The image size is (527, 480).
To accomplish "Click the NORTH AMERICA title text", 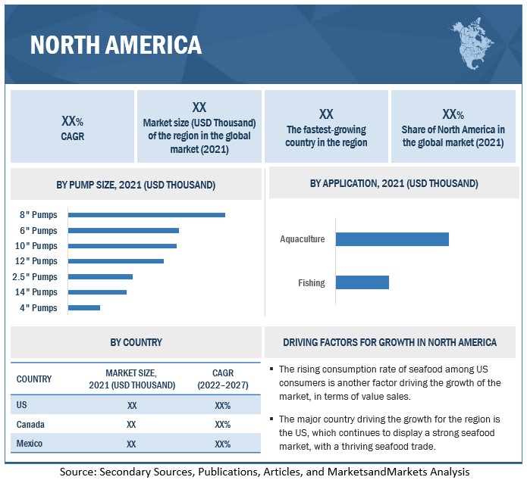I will point(116,45).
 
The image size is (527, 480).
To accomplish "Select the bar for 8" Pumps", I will point(146,215).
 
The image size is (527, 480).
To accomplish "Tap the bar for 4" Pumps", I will point(84,307).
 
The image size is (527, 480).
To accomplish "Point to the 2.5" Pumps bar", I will point(100,276).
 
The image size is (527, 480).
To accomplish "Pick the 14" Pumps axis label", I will point(36,292).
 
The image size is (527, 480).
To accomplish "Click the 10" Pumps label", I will point(36,246).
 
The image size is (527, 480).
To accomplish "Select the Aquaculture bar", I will point(392,239).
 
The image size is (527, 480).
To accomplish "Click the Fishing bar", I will point(362,282).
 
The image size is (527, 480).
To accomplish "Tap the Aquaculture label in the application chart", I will point(302,239).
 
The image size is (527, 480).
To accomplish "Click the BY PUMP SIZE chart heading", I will point(136,185).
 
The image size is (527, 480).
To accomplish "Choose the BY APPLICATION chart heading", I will point(394,183).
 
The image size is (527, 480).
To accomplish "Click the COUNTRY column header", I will point(34,379).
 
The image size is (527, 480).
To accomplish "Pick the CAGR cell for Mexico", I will point(222,444).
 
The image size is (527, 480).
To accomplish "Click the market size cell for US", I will point(132,405).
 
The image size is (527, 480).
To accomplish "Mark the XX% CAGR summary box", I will point(72,126).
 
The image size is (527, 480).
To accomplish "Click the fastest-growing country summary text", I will point(326,136).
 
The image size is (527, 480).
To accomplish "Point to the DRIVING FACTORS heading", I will point(390,342).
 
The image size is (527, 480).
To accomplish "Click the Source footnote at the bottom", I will point(265,471).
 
